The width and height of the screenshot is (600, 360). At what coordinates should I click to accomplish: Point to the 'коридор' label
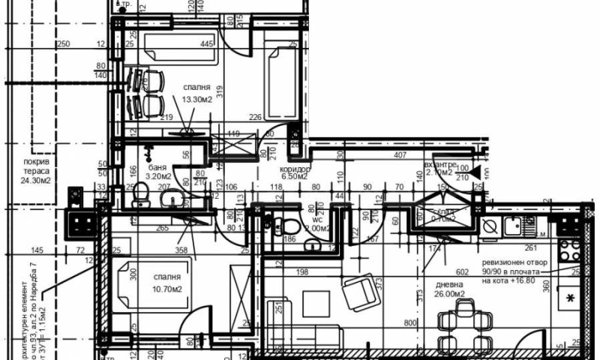pyautogui.click(x=291, y=169)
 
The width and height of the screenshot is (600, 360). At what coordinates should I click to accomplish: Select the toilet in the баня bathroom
pyautogui.click(x=139, y=198)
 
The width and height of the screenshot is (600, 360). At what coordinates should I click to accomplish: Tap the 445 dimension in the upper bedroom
pyautogui.click(x=207, y=44)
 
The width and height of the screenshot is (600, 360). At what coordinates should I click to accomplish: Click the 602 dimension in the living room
pyautogui.click(x=462, y=273)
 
